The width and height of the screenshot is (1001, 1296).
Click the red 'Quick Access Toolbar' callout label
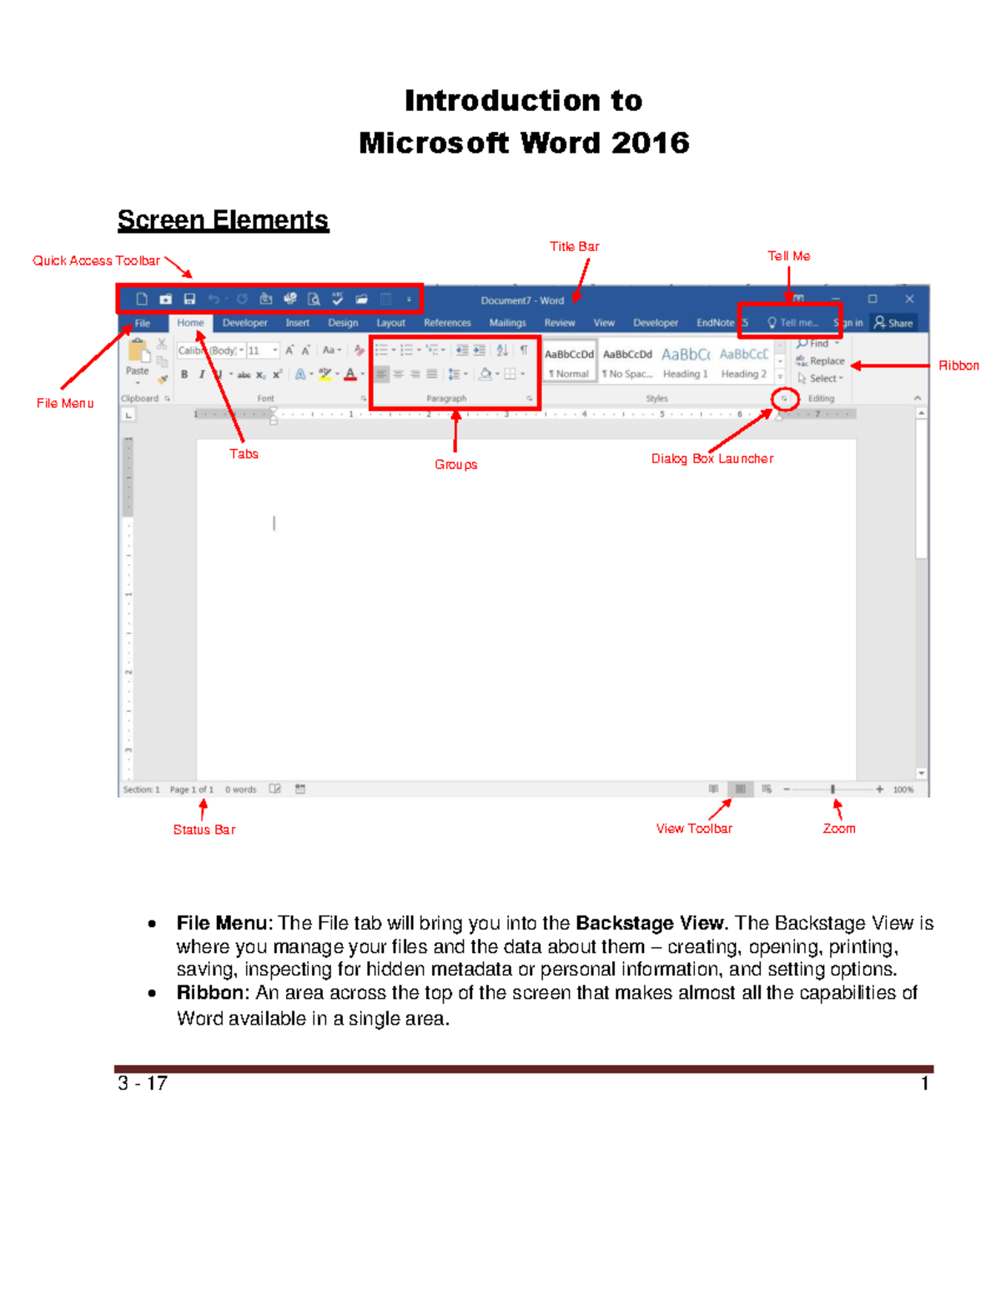[x=96, y=261]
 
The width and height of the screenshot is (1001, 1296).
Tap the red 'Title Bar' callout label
[x=574, y=247]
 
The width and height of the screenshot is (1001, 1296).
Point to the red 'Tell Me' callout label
[x=788, y=256]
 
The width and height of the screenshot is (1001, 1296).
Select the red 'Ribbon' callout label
[x=958, y=366]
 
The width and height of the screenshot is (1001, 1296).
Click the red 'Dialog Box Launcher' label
[x=712, y=459]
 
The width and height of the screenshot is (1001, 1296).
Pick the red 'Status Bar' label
[x=204, y=830]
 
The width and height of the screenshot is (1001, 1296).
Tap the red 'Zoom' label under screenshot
[x=838, y=829]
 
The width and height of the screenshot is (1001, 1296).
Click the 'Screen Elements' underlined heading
[x=223, y=220]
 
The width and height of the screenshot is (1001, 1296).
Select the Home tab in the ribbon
[x=190, y=323]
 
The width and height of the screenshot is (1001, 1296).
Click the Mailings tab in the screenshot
[x=507, y=323]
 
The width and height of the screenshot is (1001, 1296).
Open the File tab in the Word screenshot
[x=143, y=324]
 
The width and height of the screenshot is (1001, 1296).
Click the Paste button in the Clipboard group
[x=138, y=359]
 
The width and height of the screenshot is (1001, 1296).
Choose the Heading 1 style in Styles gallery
[x=685, y=363]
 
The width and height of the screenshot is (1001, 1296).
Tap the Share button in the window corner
[x=893, y=323]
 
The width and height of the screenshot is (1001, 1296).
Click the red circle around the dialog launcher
[x=784, y=399]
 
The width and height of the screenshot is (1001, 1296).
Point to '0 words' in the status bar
[x=240, y=789]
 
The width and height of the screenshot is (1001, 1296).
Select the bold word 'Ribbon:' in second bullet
[x=213, y=993]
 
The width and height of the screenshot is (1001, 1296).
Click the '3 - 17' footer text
[x=143, y=1084]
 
